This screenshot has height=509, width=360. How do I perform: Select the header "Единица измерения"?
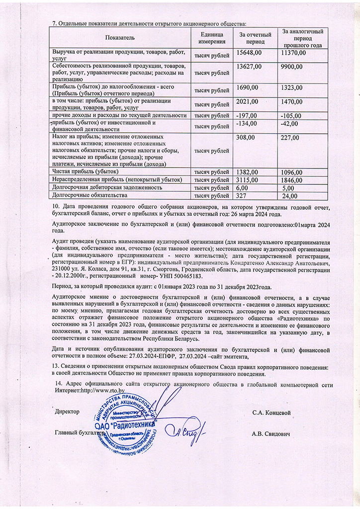tap(212, 38)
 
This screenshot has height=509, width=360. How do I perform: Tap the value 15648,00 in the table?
tap(249, 53)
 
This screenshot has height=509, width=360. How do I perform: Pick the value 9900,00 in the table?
tap(292, 67)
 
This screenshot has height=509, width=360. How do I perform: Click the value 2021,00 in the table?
tap(247, 101)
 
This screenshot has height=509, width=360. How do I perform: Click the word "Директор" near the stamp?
tap(67, 413)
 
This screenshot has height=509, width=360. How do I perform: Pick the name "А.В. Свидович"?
tap(271, 433)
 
